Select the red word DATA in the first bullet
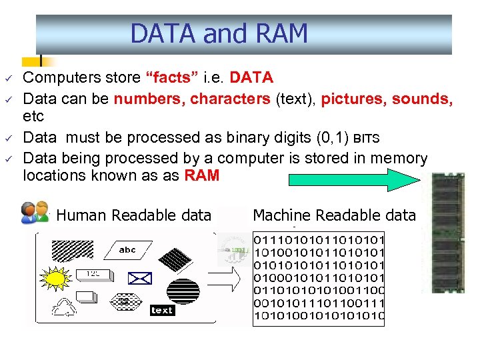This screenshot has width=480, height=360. click(251, 78)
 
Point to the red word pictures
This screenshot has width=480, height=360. click(353, 99)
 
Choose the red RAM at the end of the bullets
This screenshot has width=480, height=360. click(201, 176)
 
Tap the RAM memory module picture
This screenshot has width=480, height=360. click(448, 233)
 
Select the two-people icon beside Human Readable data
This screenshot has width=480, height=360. click(35, 211)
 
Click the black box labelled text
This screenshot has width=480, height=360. click(162, 310)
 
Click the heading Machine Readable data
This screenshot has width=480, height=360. click(334, 215)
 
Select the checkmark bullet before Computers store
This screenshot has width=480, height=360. click(11, 78)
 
